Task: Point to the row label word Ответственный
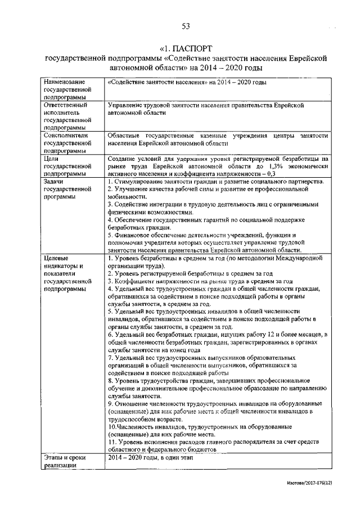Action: coord(65,105)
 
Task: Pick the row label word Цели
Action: coord(52,159)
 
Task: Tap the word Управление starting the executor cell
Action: coord(127,105)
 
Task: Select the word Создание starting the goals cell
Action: coord(123,159)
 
